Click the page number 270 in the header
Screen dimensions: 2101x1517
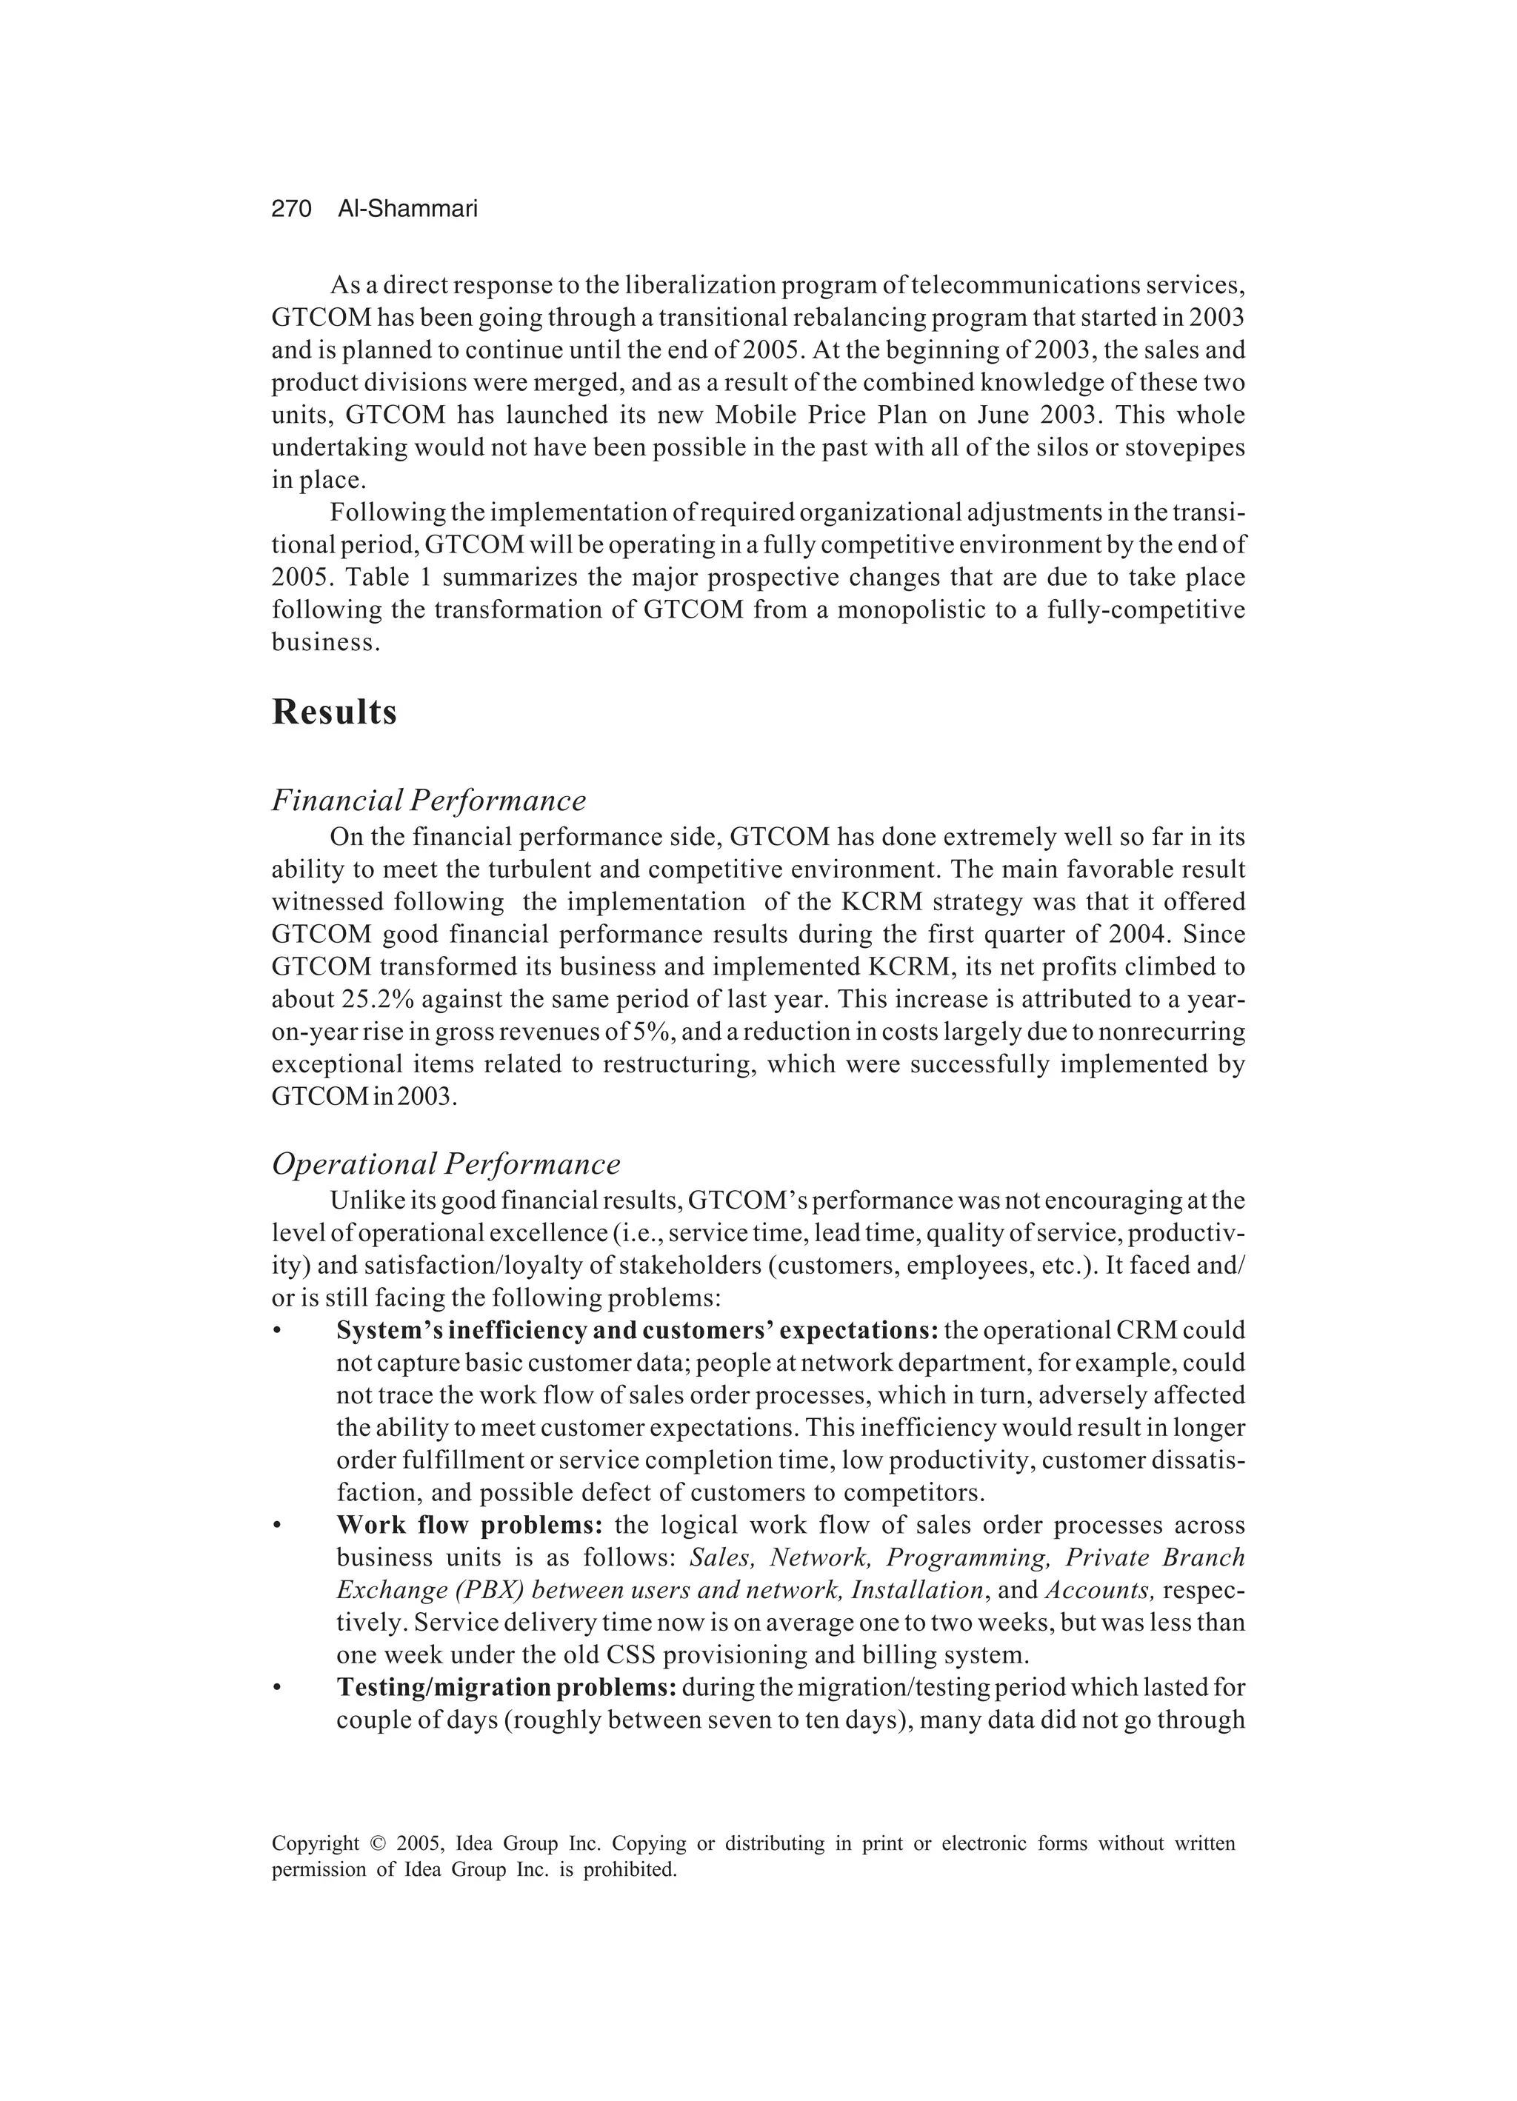(x=291, y=210)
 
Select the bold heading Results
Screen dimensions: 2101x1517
(x=335, y=712)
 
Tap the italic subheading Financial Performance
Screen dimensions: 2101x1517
(x=428, y=800)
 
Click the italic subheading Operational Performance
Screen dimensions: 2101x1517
(x=446, y=1163)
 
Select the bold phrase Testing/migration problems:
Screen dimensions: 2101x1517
(x=506, y=1687)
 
